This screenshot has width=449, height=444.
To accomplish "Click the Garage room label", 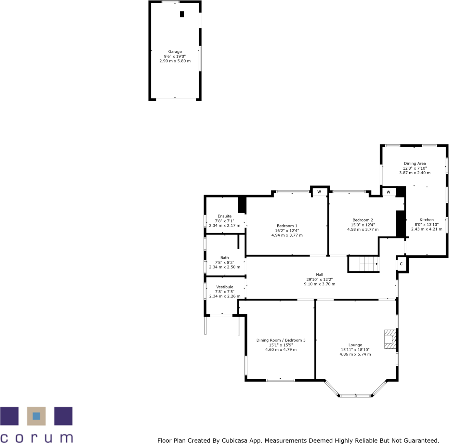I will click(175, 52).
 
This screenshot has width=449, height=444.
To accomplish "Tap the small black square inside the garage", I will click(182, 14).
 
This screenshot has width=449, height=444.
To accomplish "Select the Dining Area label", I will click(415, 163).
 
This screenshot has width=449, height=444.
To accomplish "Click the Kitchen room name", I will click(427, 220).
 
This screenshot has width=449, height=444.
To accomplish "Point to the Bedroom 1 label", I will click(287, 226).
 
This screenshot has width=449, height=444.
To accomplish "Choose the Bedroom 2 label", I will click(363, 220).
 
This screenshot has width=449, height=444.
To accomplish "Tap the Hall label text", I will click(320, 275).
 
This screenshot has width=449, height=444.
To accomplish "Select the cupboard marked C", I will click(401, 264).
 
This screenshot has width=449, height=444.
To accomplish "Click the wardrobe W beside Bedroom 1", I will click(319, 192).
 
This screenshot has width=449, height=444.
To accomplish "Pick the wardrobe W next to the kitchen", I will click(388, 192).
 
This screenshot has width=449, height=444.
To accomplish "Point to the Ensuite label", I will click(225, 216).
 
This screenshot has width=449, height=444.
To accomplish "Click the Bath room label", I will click(224, 258).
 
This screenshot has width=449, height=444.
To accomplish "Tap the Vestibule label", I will click(225, 287).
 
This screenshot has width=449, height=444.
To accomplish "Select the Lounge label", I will click(355, 345).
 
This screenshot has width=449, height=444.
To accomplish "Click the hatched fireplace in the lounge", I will click(390, 339).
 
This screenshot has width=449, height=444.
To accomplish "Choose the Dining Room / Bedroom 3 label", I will click(281, 340).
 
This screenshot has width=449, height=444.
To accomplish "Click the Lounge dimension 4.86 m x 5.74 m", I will click(355, 354).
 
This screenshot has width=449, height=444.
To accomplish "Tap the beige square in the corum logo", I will click(36, 416).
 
